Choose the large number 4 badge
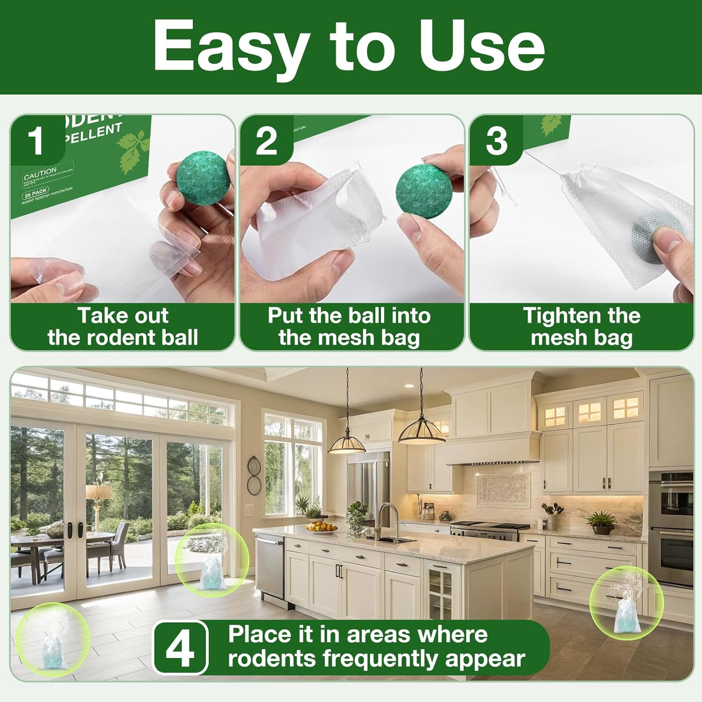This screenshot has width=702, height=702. point(180,648)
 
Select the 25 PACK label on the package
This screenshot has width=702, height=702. point(36,193)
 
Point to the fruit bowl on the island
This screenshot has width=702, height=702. point(321,527)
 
